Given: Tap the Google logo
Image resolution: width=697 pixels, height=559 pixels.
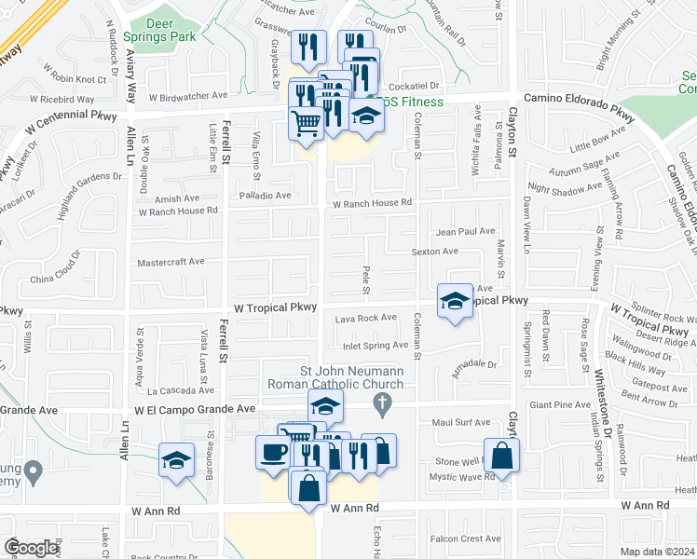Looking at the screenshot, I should [31, 547].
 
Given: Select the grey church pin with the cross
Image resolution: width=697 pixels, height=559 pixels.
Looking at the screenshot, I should [380, 402].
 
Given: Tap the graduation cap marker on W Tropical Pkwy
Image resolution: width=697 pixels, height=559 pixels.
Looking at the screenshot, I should [454, 301].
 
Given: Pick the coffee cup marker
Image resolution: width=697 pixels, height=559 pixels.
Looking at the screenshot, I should [273, 453].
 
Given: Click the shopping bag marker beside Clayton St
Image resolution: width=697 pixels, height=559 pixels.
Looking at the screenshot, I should [501, 456].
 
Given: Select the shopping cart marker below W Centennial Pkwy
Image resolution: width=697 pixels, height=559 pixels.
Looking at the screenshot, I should [307, 121].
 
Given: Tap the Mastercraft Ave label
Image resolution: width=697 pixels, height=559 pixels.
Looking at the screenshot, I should [170, 262].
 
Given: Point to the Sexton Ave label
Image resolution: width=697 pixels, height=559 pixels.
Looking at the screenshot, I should [435, 252].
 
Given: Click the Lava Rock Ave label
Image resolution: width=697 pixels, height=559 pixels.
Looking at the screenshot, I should [365, 319].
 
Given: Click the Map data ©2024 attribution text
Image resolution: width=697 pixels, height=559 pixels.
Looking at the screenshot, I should [655, 552].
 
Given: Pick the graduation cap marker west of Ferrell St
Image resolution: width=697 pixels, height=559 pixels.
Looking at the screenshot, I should [175, 459].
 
